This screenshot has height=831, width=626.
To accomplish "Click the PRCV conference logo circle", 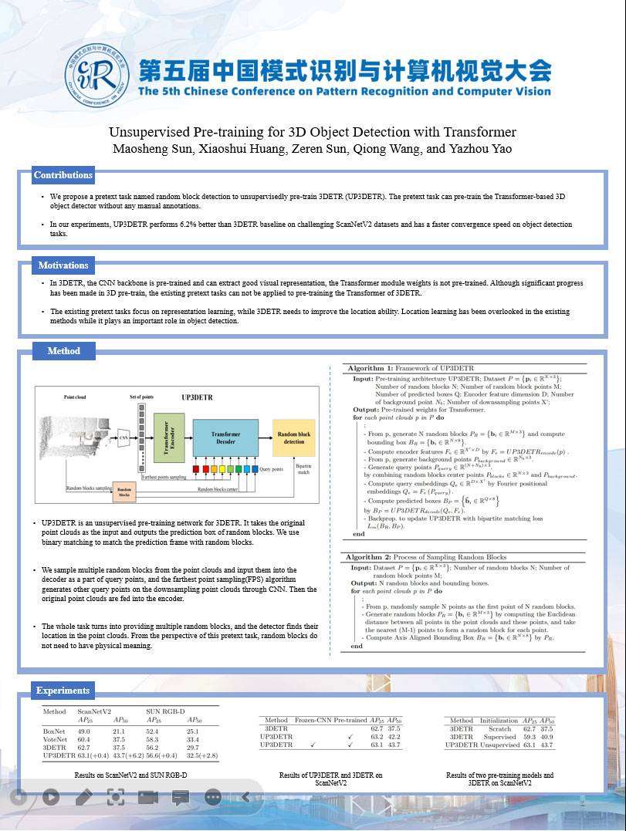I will [x=96, y=77].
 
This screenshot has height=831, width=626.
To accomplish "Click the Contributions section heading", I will [x=63, y=175].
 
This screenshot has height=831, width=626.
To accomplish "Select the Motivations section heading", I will [x=63, y=265].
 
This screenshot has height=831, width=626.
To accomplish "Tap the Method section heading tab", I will [x=63, y=351].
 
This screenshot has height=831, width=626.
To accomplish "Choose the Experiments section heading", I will [x=63, y=691].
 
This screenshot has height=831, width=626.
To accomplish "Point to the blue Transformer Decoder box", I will [x=225, y=437].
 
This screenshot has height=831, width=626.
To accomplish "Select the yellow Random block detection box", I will [x=295, y=437].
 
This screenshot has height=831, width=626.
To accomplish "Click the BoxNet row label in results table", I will [x=54, y=731].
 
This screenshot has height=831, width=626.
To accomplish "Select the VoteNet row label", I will [x=54, y=739].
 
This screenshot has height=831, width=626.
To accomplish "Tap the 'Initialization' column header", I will [x=499, y=721].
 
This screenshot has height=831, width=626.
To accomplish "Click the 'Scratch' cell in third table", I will [x=499, y=728].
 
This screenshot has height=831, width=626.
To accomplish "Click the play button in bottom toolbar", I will [x=51, y=797].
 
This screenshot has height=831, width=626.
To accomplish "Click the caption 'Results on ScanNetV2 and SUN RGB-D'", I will [x=130, y=775].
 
